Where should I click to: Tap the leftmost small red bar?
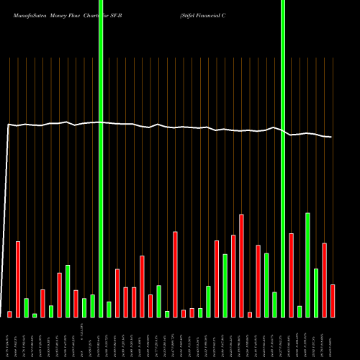(x=10, y=314)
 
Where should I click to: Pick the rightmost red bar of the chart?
(x=333, y=301)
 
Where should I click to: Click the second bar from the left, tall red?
(x=18, y=279)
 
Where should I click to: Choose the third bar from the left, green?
(x=26, y=307)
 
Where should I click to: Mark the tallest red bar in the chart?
(x=241, y=266)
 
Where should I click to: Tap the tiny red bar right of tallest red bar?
(x=250, y=315)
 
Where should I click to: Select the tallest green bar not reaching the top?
(x=307, y=265)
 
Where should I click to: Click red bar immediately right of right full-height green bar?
(x=291, y=275)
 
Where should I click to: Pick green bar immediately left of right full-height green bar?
(x=274, y=305)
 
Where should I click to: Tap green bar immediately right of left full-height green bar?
(x=109, y=310)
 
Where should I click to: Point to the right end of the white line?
(x=332, y=137)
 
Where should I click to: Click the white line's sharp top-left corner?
(x=8, y=125)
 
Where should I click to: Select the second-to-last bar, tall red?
(x=324, y=280)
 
